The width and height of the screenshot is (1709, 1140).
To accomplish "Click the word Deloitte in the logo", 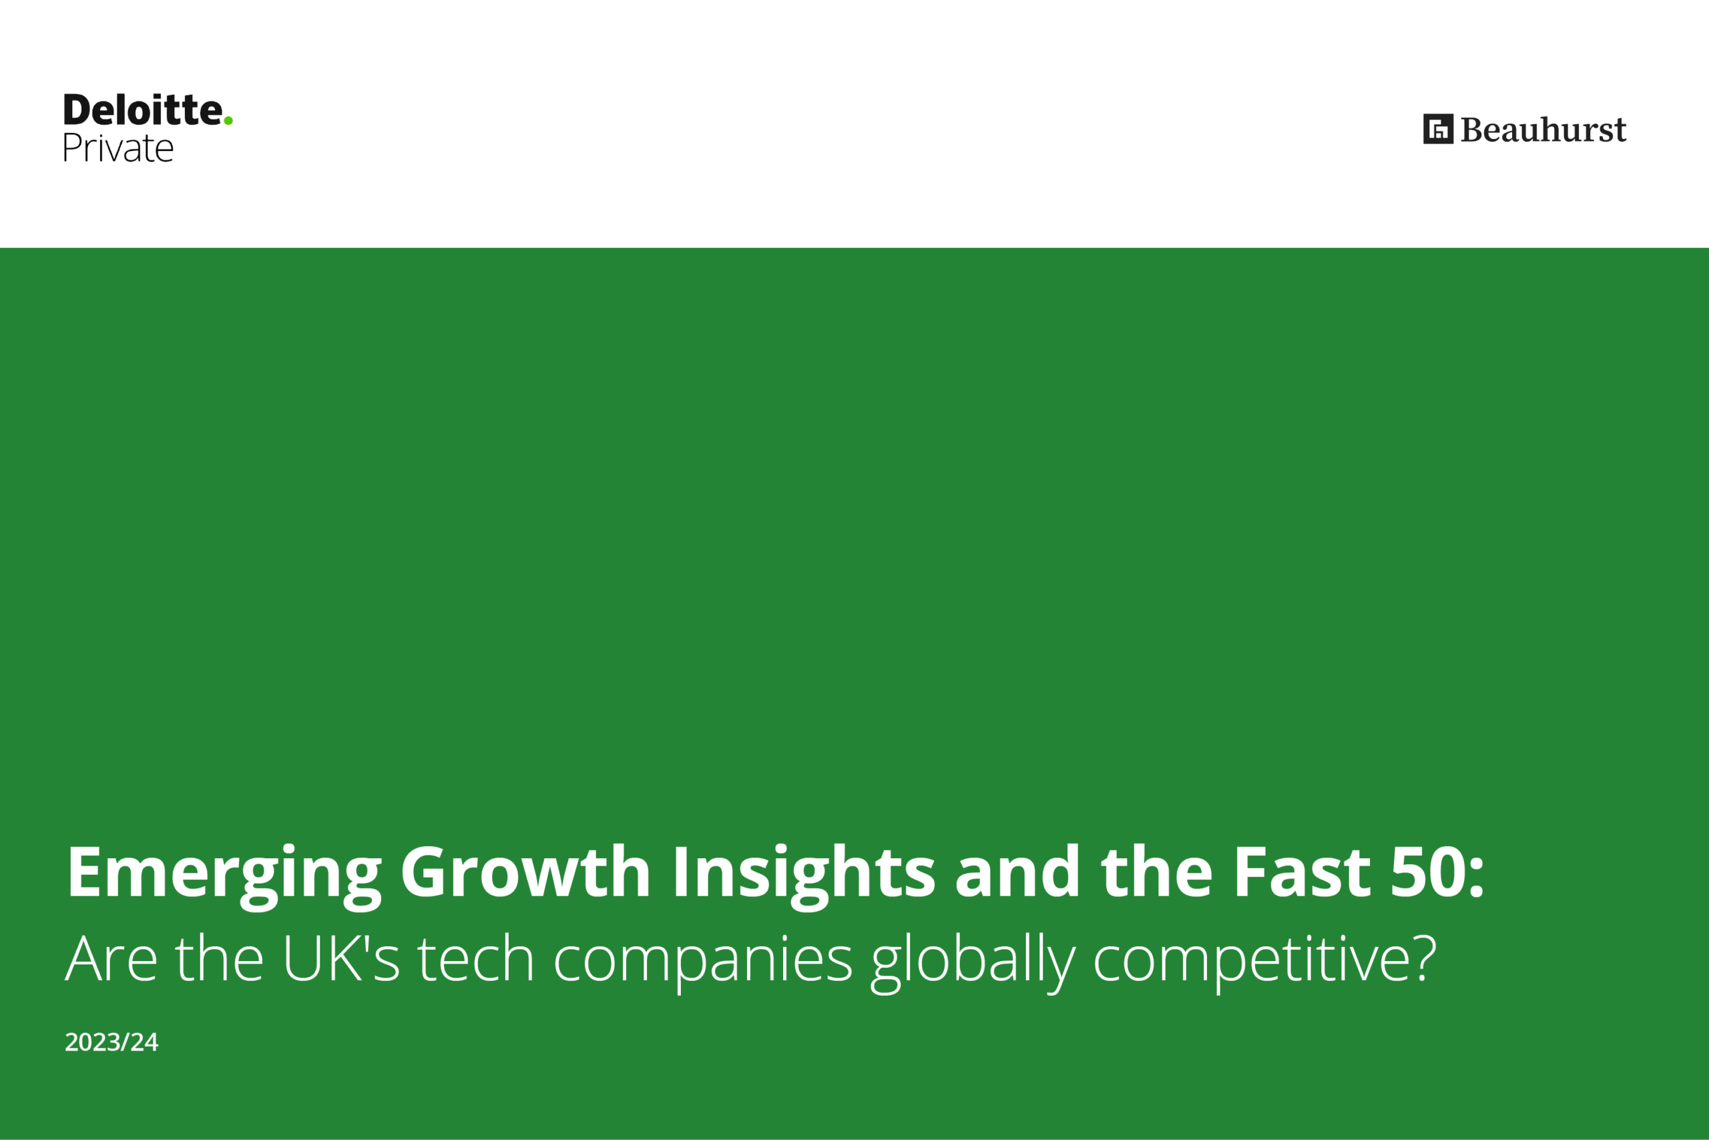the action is click(143, 110).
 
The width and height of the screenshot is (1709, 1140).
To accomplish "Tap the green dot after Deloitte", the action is click(228, 121).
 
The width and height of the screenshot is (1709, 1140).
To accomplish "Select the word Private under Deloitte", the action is click(117, 148).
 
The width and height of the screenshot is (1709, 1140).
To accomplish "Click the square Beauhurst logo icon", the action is click(1438, 129).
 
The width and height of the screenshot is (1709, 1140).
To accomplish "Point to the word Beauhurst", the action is click(1543, 130).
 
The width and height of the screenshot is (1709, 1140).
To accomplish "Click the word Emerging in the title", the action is click(224, 876).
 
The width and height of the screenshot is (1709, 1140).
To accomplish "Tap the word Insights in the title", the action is click(804, 876).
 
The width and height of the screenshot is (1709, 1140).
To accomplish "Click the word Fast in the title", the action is click(1302, 872).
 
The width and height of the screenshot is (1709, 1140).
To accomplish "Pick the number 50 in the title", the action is click(1427, 872).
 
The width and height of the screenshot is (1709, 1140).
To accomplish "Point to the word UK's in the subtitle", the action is click(340, 958).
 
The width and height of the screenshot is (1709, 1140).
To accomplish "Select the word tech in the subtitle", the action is click(476, 958).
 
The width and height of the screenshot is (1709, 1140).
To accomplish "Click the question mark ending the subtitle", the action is click(1425, 958).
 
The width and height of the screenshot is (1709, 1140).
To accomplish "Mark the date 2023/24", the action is click(111, 1042).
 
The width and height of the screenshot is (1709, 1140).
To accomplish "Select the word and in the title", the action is click(1017, 871).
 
